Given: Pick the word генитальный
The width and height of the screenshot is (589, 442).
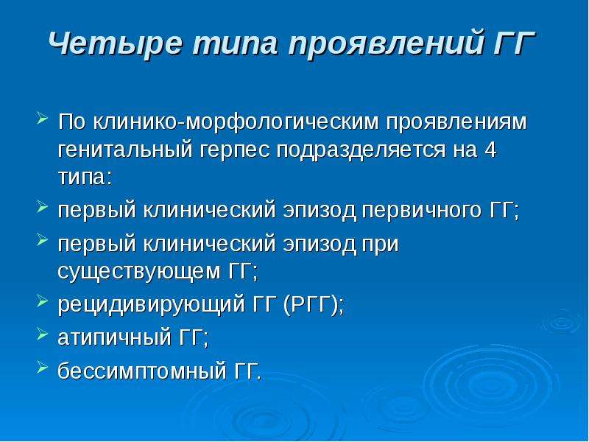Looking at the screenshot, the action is click(x=125, y=150).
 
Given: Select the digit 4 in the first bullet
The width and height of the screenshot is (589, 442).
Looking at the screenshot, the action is click(x=490, y=150).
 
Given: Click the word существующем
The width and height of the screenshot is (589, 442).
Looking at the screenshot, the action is click(x=138, y=272).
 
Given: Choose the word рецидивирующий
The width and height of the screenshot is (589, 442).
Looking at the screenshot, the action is click(x=152, y=305).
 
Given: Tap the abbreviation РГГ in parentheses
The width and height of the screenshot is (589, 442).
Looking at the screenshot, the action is click(x=311, y=304).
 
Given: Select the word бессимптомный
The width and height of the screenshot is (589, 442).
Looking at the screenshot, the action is click(x=142, y=372).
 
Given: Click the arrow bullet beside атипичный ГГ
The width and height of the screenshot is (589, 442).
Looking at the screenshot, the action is click(x=43, y=333).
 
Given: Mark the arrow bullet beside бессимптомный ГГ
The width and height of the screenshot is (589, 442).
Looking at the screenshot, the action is click(x=43, y=367).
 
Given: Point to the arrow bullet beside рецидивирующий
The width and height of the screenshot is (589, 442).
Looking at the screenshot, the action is click(x=43, y=301).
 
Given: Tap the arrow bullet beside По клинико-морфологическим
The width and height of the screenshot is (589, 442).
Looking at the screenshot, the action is click(x=43, y=118).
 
